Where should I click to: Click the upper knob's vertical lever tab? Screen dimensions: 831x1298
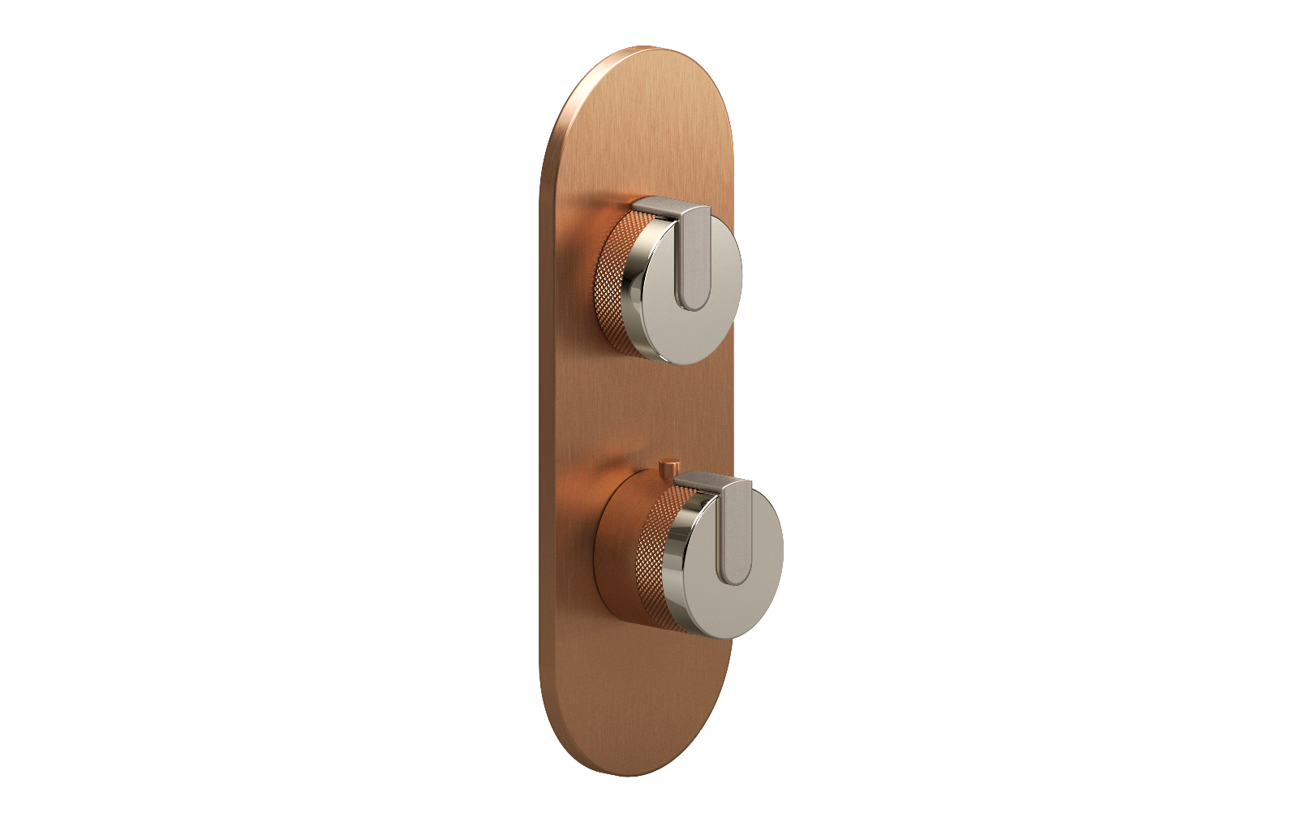694,256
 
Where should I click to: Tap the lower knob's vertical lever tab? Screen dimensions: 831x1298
736,532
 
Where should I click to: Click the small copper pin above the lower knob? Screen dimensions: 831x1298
668,468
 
